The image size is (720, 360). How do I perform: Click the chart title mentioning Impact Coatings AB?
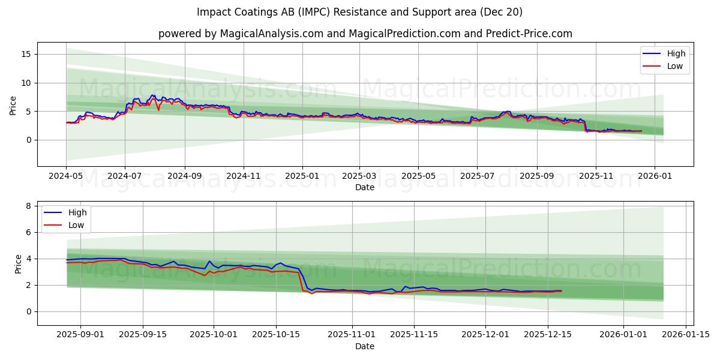(359, 12)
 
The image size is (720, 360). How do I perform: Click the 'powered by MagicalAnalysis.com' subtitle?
(365, 34)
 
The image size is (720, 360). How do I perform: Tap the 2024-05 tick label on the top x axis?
(66, 176)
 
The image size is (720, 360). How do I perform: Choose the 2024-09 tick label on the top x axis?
(184, 176)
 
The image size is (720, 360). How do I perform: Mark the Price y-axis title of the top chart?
(13, 104)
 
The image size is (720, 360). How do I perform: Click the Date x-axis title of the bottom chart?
(364, 346)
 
